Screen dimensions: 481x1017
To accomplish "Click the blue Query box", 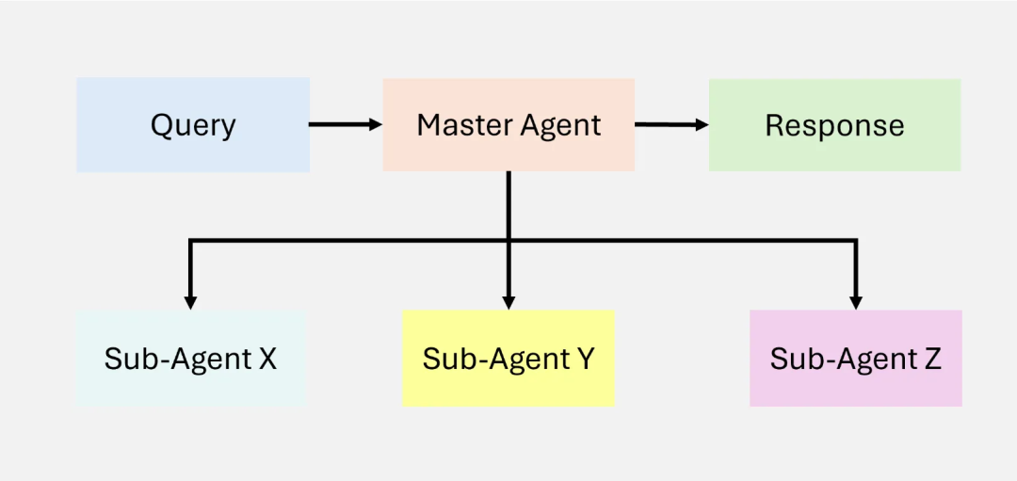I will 193,125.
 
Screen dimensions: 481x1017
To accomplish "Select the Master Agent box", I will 508,125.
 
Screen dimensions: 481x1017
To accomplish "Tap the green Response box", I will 834,125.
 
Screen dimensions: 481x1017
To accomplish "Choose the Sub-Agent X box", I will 191,359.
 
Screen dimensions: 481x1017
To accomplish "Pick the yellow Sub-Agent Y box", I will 508,359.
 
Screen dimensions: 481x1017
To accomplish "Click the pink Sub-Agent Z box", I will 855,359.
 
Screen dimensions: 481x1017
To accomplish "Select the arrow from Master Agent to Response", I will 671,124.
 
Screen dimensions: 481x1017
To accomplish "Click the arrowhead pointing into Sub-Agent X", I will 190,302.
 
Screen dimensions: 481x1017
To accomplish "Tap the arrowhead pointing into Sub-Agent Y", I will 508,302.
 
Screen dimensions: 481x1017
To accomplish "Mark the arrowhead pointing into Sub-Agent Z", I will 855,302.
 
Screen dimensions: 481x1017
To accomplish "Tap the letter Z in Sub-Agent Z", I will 931,359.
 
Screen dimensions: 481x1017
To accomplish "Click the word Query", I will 193,126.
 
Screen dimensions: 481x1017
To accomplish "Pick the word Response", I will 834,125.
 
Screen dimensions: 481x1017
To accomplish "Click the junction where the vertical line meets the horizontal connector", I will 508,241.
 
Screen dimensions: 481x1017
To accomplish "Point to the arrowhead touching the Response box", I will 702,124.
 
